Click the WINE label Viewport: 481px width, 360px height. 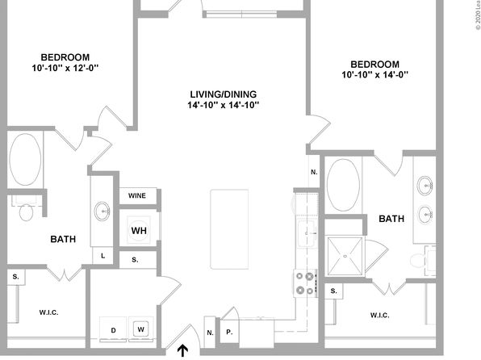pyautogui.click(x=137, y=195)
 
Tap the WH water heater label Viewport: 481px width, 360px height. pyautogui.click(x=139, y=231)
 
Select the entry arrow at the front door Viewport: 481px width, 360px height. pyautogui.click(x=183, y=351)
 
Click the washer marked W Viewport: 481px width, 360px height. pyautogui.click(x=140, y=329)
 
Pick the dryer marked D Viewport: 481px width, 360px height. pyautogui.click(x=113, y=329)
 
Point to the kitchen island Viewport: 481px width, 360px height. pyautogui.click(x=229, y=229)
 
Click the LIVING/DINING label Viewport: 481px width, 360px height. pyautogui.click(x=224, y=94)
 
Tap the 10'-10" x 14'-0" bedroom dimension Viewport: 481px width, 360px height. pyautogui.click(x=374, y=74)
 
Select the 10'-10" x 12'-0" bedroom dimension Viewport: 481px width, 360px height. pyautogui.click(x=65, y=68)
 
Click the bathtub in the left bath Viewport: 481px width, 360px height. pyautogui.click(x=25, y=159)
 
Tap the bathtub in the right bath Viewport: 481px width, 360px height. pyautogui.click(x=343, y=185)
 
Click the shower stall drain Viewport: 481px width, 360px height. pyautogui.click(x=345, y=256)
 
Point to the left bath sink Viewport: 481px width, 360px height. pyautogui.click(x=102, y=211)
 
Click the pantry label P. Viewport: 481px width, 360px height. pyautogui.click(x=229, y=332)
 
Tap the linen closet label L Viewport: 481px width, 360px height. pyautogui.click(x=102, y=256)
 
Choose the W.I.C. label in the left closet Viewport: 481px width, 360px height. pyautogui.click(x=48, y=312)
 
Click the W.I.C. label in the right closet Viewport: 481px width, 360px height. pyautogui.click(x=380, y=315)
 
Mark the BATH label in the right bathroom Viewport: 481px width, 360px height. pyautogui.click(x=391, y=219)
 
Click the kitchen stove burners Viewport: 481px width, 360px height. pyautogui.click(x=305, y=283)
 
